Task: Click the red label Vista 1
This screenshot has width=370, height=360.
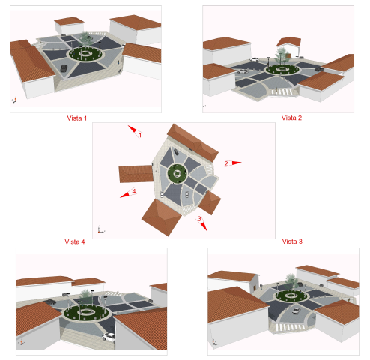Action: click(x=77, y=118)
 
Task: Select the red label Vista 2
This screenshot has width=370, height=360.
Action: click(x=291, y=118)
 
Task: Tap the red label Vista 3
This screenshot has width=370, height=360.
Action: click(x=292, y=241)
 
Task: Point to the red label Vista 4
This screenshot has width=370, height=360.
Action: click(x=75, y=241)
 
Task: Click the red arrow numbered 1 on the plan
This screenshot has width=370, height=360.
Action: click(x=136, y=131)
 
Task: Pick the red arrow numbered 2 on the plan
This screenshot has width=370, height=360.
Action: click(x=233, y=163)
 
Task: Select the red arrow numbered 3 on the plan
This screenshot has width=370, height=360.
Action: click(x=201, y=223)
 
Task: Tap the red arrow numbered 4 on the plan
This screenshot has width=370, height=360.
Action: click(x=128, y=193)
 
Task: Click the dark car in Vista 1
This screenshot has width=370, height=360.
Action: click(x=64, y=68)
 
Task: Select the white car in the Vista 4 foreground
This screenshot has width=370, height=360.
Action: click(x=109, y=337)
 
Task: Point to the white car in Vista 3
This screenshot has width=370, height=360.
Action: click(x=296, y=310)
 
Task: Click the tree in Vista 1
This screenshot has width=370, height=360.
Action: click(x=85, y=40)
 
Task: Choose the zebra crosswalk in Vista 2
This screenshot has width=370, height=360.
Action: click(x=282, y=91)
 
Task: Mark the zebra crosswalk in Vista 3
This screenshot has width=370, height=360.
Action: click(x=290, y=326)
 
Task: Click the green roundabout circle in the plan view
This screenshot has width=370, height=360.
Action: click(x=177, y=173)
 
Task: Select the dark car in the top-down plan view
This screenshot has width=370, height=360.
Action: click(x=176, y=151)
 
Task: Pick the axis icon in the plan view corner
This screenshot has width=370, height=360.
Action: click(x=100, y=229)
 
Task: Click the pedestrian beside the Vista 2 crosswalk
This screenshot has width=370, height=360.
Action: click(x=276, y=89)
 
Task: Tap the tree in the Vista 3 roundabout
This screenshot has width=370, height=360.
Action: click(x=291, y=282)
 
